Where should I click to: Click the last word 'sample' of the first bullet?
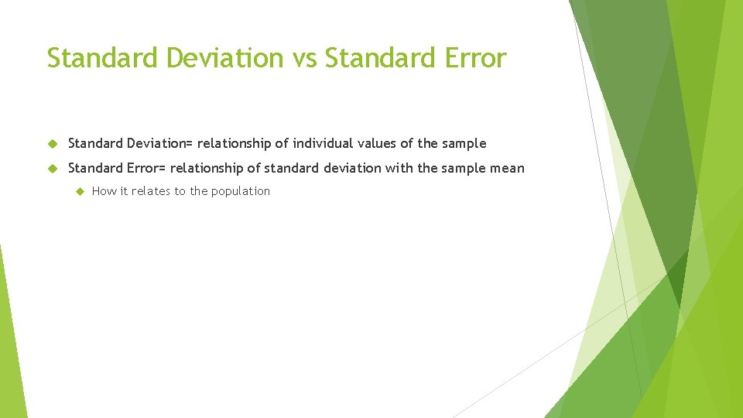[465, 143]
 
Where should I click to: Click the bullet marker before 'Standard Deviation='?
[53, 144]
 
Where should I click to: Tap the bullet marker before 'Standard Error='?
[53, 168]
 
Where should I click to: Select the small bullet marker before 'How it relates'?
[78, 191]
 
